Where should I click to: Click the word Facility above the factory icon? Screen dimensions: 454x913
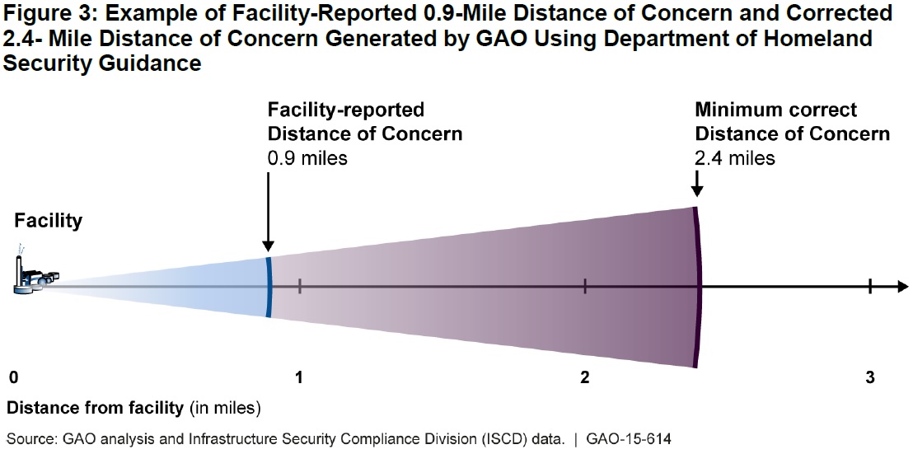point(48,221)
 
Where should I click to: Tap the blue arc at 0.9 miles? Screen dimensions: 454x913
point(269,286)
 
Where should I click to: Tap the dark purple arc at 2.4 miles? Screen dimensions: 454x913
point(698,286)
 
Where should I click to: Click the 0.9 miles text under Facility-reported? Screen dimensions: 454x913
point(307,157)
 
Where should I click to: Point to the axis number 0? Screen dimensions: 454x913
point(14,378)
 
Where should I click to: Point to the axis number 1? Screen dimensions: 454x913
point(300,378)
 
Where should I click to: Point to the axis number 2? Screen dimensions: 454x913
point(584,378)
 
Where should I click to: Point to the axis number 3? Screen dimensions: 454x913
point(870,378)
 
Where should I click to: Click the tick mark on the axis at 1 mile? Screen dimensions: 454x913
point(300,286)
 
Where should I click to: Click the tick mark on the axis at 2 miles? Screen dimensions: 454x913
point(585,286)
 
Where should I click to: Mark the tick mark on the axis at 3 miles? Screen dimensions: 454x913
point(870,286)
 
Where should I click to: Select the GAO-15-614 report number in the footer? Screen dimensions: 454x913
point(629,440)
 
